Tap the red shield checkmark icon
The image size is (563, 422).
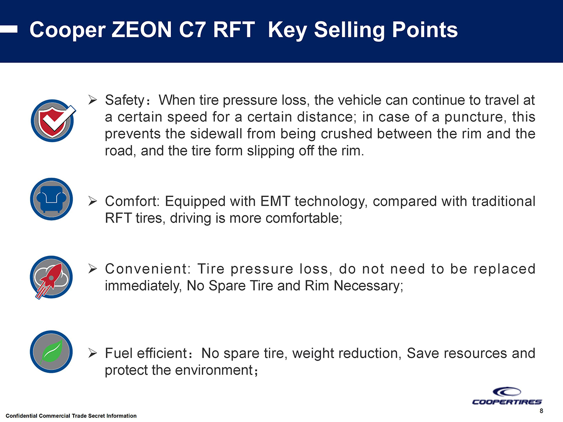[x=51, y=119]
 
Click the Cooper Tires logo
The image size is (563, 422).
[x=507, y=396]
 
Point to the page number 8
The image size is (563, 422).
[x=541, y=411]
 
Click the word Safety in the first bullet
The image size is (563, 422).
[x=124, y=100]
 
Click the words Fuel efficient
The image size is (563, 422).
[x=146, y=353]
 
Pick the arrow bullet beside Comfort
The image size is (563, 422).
[x=93, y=202]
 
